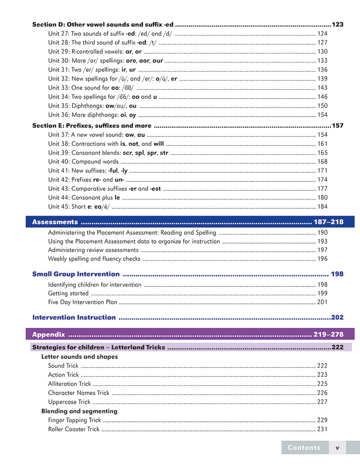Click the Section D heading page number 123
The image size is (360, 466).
point(337,24)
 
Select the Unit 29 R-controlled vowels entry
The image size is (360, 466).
point(95,51)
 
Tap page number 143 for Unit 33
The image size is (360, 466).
point(322,88)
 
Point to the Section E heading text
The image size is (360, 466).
point(92,126)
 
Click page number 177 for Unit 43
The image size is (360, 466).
point(322,189)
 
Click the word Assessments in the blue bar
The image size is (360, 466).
point(55,222)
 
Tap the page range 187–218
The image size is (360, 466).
point(329,222)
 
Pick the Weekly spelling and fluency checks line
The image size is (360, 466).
point(94,259)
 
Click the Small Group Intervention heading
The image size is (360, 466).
point(76,274)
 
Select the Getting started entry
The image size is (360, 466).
point(68,294)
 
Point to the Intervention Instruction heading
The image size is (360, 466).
point(74,317)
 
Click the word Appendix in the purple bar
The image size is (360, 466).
point(49,335)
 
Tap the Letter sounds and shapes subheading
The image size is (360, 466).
point(80,357)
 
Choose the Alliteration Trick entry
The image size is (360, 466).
point(69,384)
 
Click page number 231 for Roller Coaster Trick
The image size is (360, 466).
point(322,429)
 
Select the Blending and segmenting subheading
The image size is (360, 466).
point(79,411)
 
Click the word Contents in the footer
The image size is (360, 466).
point(304,448)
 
